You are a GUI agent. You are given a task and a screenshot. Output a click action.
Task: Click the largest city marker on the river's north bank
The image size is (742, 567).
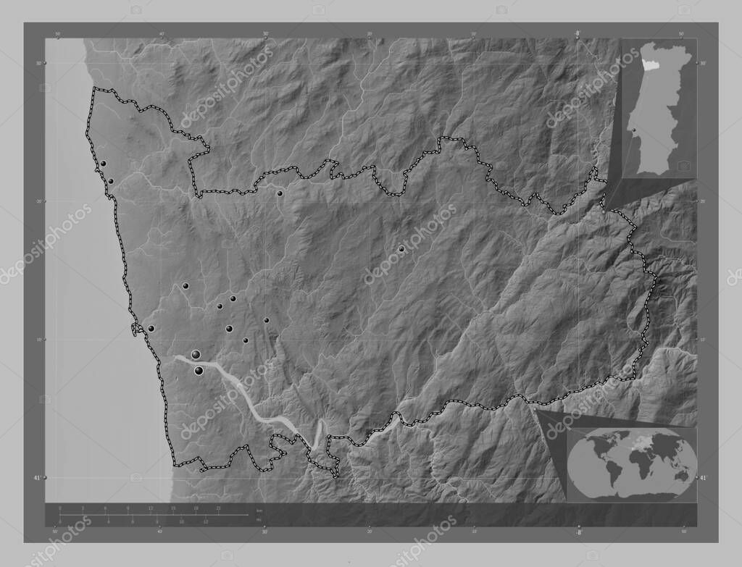pos(196,354)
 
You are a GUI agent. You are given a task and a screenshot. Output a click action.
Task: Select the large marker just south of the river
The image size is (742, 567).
pos(199,371)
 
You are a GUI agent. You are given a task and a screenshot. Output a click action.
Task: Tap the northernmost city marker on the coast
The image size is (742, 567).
pos(104,164)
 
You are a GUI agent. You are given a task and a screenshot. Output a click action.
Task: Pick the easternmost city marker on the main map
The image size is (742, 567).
pos(401,249)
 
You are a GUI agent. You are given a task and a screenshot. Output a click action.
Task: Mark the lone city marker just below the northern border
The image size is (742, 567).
pos(280,193)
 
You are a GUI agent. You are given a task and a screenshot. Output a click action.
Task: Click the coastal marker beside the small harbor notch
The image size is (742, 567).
pos(151,329)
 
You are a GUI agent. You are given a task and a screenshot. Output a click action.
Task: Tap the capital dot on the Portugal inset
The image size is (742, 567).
pos(633,130)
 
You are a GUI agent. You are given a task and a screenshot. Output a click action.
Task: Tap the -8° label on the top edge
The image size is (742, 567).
pos(578,33)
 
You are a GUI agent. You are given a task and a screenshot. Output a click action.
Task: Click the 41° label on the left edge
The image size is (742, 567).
pos(37,478)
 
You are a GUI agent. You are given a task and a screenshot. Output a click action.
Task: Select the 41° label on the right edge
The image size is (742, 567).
pos(703,478)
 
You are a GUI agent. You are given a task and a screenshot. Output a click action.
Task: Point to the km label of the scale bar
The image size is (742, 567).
pos(259,511)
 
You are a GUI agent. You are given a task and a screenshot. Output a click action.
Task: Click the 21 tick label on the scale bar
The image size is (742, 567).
pos(218,508)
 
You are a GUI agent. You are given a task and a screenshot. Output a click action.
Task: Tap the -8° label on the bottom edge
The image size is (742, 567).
pos(578,531)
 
